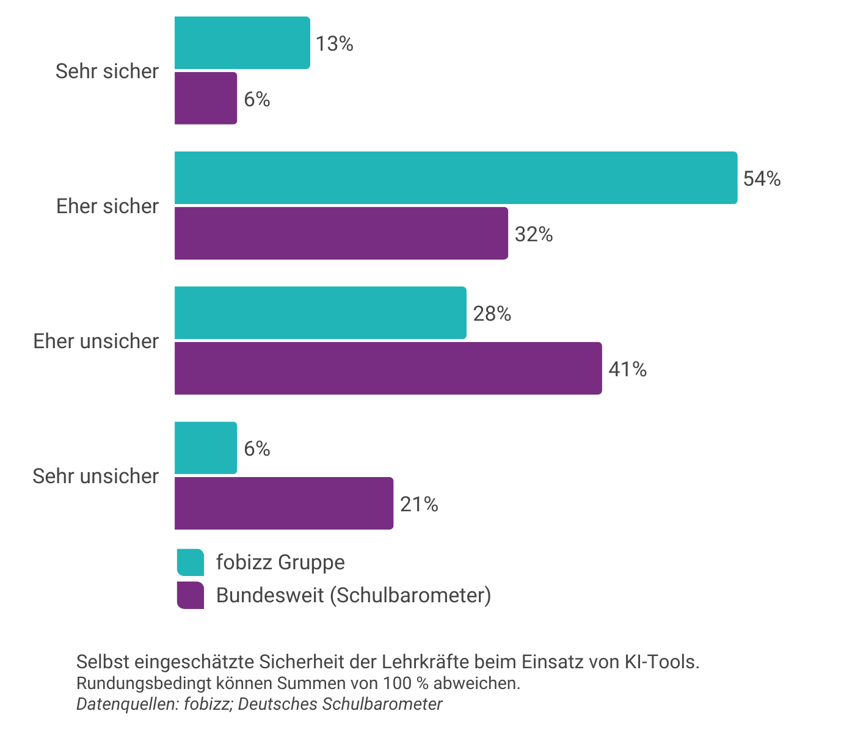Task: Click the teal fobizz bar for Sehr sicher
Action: (x=242, y=43)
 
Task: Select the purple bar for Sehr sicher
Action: (x=206, y=98)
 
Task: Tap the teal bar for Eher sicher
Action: (x=456, y=178)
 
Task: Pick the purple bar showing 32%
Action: (x=341, y=233)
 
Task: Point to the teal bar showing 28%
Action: (x=320, y=313)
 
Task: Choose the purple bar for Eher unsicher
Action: (x=388, y=368)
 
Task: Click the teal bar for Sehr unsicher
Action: (x=206, y=448)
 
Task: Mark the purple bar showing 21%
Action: (x=284, y=503)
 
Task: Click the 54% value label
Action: (x=762, y=178)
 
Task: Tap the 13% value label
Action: (x=335, y=43)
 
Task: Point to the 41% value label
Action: (x=627, y=369)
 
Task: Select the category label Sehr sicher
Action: (x=107, y=71)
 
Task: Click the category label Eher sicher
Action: (x=107, y=206)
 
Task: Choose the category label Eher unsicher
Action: (x=96, y=341)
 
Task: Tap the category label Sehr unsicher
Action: (x=95, y=476)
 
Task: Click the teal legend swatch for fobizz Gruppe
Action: (x=191, y=563)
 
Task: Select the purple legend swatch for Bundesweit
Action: (x=191, y=596)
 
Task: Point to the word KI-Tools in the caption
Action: (x=661, y=662)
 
